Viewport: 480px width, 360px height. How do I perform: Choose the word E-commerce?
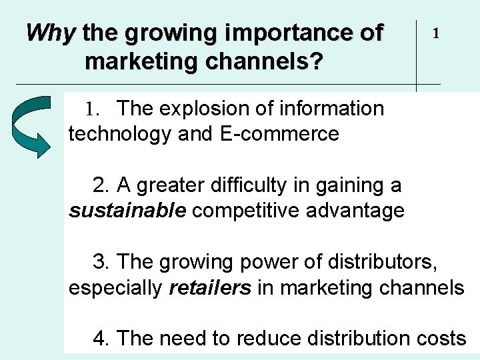[x=278, y=134]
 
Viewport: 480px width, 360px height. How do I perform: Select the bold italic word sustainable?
[x=127, y=211]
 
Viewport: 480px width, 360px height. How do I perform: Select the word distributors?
[x=379, y=262]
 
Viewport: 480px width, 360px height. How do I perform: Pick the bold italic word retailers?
[x=210, y=288]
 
